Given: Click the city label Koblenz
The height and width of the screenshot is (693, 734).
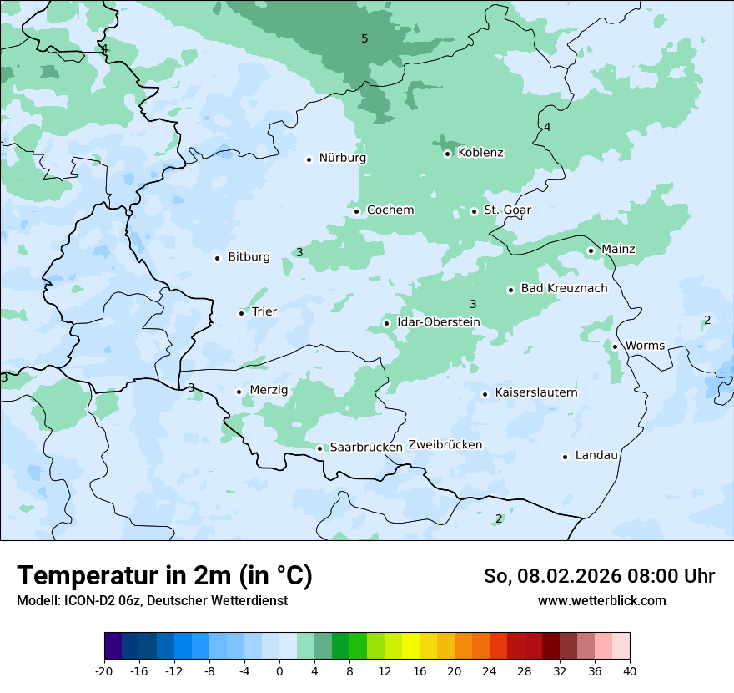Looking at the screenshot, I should tap(480, 153).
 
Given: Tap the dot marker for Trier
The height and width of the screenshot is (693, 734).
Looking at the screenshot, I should tap(242, 313).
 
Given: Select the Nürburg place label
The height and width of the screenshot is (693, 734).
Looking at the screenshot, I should tap(342, 158).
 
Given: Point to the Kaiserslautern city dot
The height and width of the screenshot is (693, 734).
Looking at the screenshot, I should tap(485, 394).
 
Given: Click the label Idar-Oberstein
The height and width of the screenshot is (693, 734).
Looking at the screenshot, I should tap(438, 322).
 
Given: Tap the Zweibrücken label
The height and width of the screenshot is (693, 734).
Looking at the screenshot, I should tap(445, 445).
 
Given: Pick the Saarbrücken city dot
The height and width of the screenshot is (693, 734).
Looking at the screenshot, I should tap(319, 448).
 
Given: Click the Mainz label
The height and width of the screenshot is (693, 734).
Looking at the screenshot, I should tap(618, 249).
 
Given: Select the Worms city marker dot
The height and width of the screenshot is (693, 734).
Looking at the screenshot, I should tap(615, 346).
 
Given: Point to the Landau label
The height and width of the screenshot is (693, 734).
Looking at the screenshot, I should tap(596, 455).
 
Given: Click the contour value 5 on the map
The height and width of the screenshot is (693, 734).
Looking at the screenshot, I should tap(364, 38).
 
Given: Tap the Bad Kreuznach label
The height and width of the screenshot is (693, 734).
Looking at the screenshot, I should tap(564, 288).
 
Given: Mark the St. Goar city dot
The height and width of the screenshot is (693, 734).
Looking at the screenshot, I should tap(474, 211).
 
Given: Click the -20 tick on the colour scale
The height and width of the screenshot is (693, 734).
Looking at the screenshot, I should tap(104, 671).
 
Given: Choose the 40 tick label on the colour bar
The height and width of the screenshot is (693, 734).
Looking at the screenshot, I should tap(630, 671).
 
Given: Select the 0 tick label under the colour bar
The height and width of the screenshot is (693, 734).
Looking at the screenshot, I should tap(279, 671).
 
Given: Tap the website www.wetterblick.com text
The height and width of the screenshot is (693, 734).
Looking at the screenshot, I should tap(601, 600).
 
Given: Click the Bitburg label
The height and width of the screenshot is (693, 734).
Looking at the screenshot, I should tap(249, 257).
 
